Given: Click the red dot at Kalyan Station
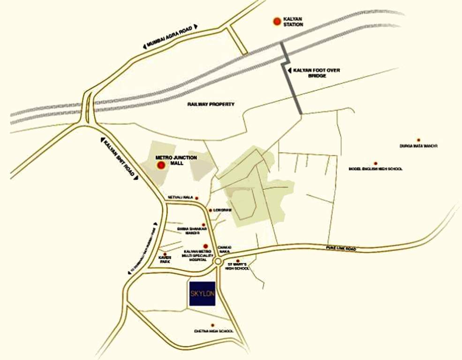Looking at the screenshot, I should pos(277,21).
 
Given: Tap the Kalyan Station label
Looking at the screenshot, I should pos(294,22).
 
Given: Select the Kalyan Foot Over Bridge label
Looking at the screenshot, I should pos(317,73).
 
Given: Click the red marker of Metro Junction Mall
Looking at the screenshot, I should pos(161,165).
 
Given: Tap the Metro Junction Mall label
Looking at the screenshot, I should pos(183,160).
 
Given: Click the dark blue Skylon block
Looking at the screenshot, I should pos(202,294).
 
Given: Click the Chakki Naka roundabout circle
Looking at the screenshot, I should pos(218,262).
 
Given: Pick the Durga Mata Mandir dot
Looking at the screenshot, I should pos(418,140).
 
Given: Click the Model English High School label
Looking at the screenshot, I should pos(375,169).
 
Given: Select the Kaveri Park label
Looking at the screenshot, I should pos(165,261).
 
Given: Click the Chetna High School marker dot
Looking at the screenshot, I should pos(212,325).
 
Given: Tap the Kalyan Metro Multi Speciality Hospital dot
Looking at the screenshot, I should pos(205,246).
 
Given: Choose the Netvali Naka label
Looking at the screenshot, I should pos(180,198).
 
